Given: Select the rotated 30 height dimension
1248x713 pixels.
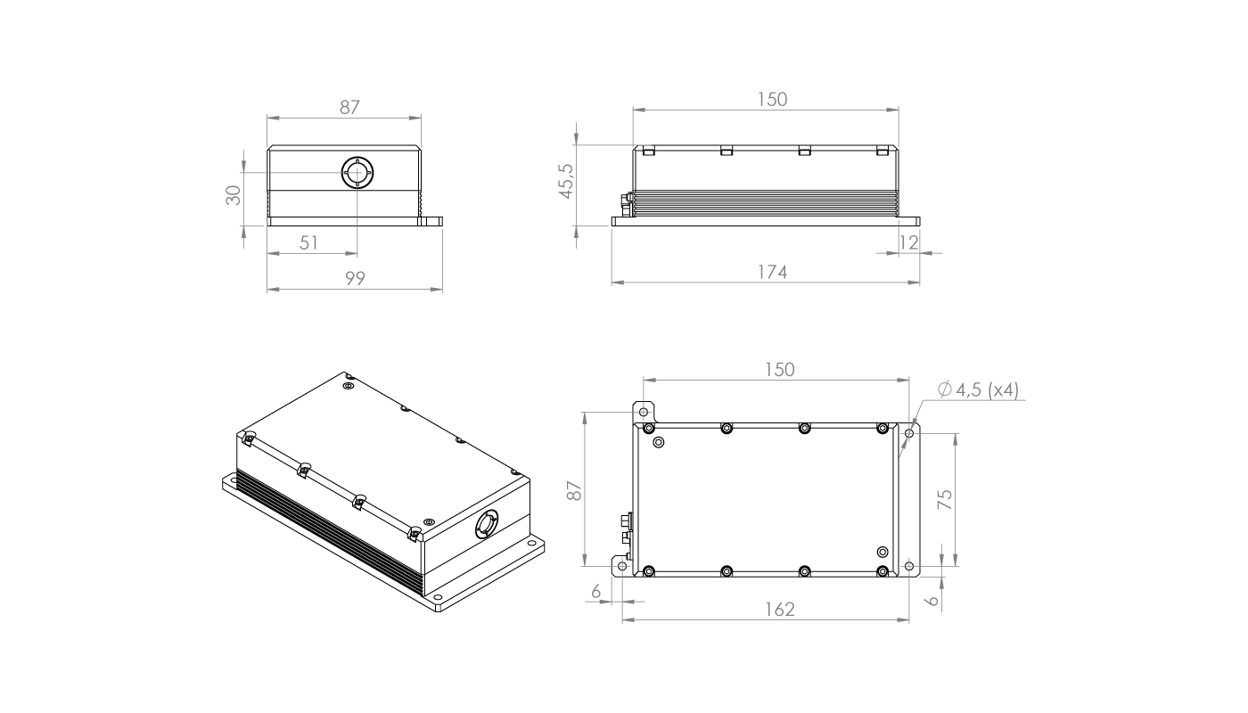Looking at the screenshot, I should pyautogui.click(x=234, y=194).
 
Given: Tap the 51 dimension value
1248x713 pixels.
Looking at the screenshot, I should pyautogui.click(x=309, y=243).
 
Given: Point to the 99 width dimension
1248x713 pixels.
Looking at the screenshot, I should pyautogui.click(x=356, y=279).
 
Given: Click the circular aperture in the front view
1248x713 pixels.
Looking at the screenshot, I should pyautogui.click(x=357, y=172).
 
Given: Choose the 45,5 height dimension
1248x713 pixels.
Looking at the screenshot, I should pyautogui.click(x=563, y=181).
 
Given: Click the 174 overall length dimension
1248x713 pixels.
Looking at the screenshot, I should pyautogui.click(x=772, y=273).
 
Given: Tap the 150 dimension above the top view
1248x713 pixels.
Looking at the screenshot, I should pyautogui.click(x=779, y=369).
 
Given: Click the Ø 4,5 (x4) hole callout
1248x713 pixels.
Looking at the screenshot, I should pyautogui.click(x=979, y=390).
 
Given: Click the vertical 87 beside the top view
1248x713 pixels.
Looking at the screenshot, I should pyautogui.click(x=574, y=489).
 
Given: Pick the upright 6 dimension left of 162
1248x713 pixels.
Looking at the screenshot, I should pyautogui.click(x=596, y=591).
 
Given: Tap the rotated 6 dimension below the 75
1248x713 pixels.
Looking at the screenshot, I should pyautogui.click(x=932, y=601).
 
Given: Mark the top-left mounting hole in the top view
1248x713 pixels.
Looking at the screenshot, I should pyautogui.click(x=643, y=412).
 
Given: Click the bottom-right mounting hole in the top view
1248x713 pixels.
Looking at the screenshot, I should pyautogui.click(x=908, y=565).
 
